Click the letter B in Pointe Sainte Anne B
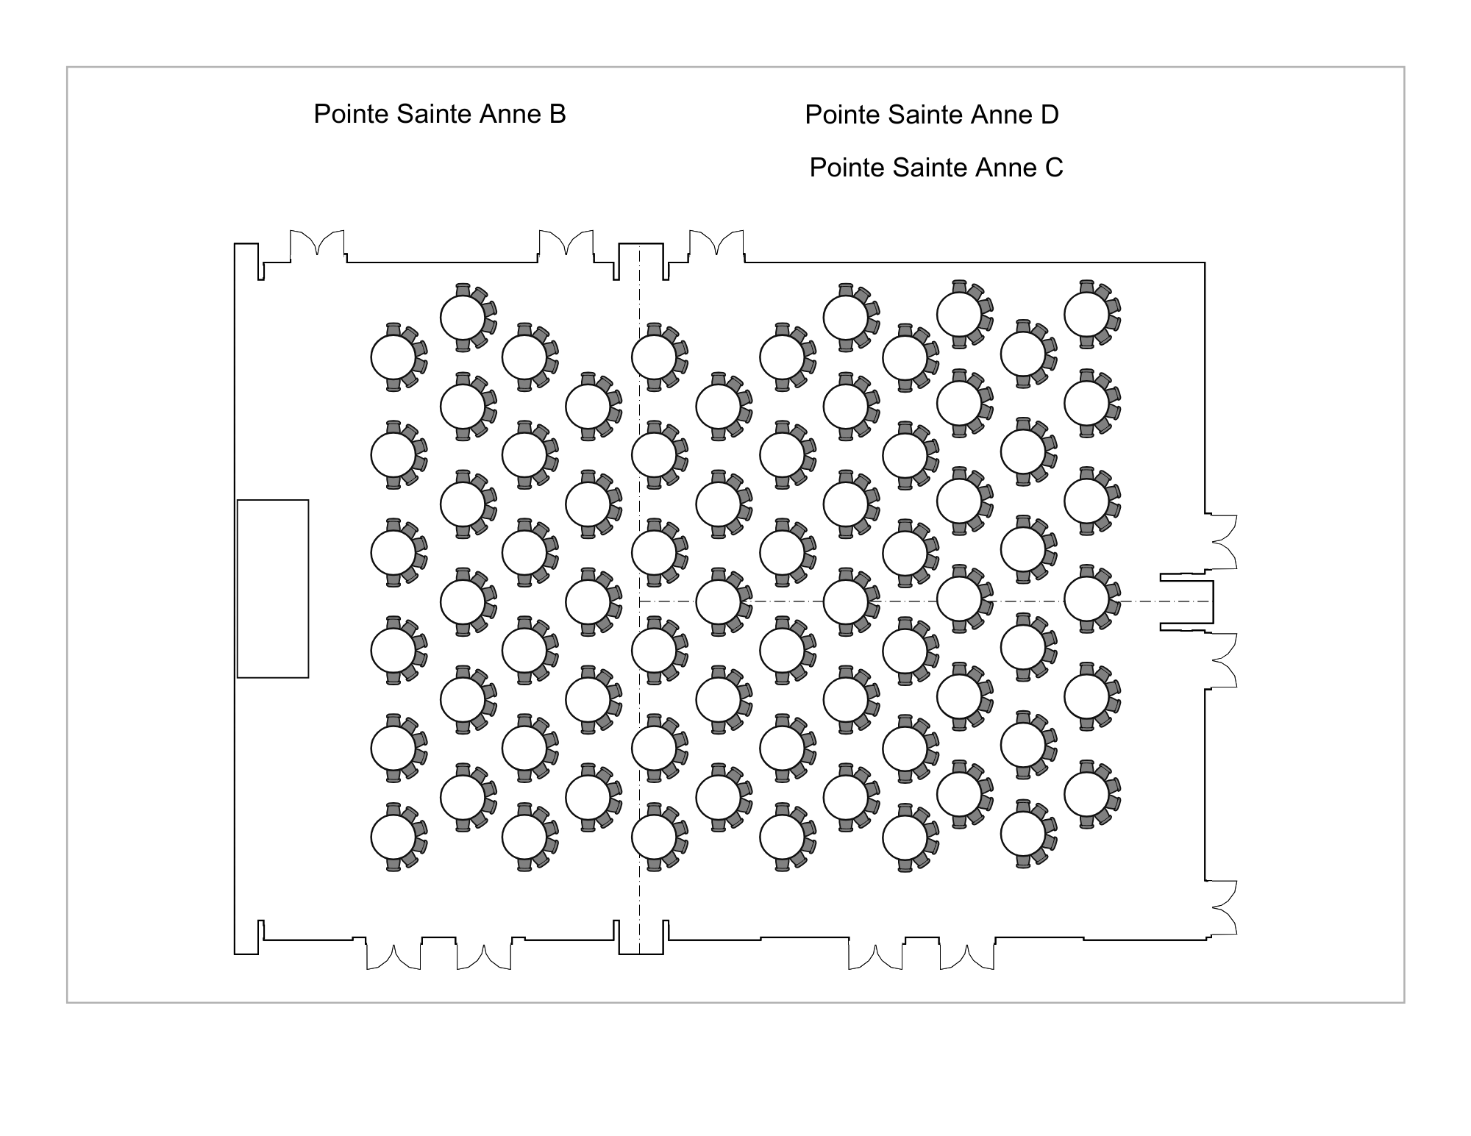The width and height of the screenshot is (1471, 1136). (558, 114)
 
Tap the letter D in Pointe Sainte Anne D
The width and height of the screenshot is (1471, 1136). (1050, 115)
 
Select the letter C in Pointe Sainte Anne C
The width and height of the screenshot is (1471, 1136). (1054, 168)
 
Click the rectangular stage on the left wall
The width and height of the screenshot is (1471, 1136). (273, 588)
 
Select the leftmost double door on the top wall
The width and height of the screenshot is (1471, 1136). (317, 243)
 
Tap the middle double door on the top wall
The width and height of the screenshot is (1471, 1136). (566, 243)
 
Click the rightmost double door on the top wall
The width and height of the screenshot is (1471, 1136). (716, 243)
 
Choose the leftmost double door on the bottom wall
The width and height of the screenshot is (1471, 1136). (394, 957)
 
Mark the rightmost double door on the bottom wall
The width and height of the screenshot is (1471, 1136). (967, 957)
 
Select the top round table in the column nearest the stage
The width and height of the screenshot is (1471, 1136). (393, 357)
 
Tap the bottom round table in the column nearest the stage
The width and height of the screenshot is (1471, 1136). (393, 837)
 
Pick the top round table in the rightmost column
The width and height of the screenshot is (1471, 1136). (1086, 314)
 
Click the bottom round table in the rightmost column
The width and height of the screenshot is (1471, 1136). (1086, 795)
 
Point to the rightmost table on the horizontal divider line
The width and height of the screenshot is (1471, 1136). (1086, 599)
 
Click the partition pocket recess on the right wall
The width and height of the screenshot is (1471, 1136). (1186, 602)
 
